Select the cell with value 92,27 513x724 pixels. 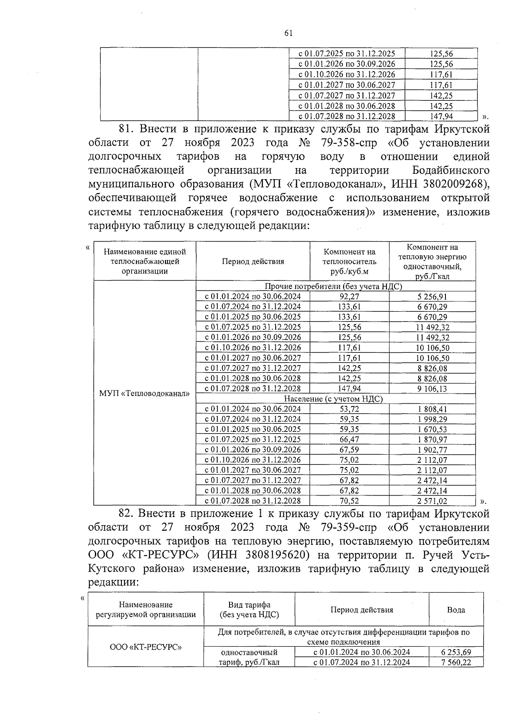point(349,296)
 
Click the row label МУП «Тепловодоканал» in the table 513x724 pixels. point(144,393)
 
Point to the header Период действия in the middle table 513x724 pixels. point(253,262)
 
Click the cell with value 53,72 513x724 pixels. point(349,409)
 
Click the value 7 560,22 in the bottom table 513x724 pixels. point(456,662)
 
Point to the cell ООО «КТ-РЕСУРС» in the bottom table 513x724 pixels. point(146,647)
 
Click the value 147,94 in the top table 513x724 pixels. point(441,116)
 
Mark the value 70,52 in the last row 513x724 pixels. point(349,501)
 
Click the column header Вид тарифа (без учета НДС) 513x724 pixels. point(249,610)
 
